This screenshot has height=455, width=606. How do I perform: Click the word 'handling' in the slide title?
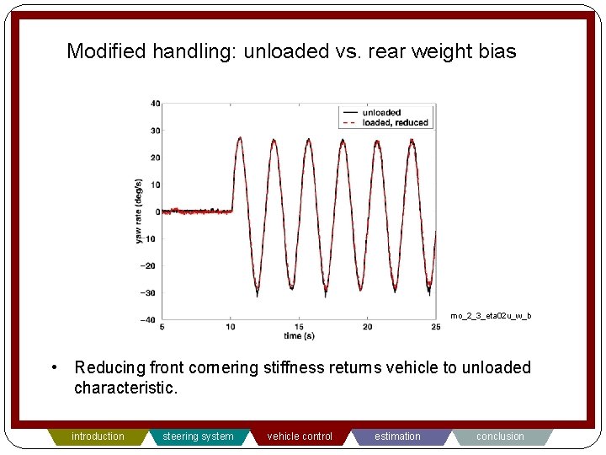[194, 51]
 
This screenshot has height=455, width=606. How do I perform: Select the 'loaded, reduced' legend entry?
[395, 123]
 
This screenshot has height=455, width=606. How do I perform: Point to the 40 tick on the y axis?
[156, 104]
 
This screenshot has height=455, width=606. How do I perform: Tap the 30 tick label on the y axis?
[156, 131]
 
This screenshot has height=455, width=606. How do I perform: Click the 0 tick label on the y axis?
[157, 211]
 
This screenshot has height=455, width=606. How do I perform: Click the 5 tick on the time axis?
[162, 327]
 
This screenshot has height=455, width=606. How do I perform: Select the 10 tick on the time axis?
[231, 327]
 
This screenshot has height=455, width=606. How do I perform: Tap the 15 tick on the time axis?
[299, 327]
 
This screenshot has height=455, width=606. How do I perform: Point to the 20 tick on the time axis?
[367, 327]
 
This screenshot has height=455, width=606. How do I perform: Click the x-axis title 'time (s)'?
[299, 335]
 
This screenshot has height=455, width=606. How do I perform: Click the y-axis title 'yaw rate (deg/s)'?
[139, 211]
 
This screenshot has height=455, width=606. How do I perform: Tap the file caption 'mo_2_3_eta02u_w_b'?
[491, 316]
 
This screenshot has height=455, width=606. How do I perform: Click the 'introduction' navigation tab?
[98, 436]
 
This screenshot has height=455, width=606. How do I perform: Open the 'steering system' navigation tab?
[198, 436]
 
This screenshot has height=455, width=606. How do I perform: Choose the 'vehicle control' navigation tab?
[300, 436]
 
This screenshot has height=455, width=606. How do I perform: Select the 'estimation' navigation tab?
[398, 436]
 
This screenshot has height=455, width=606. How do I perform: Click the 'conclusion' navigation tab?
[500, 436]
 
